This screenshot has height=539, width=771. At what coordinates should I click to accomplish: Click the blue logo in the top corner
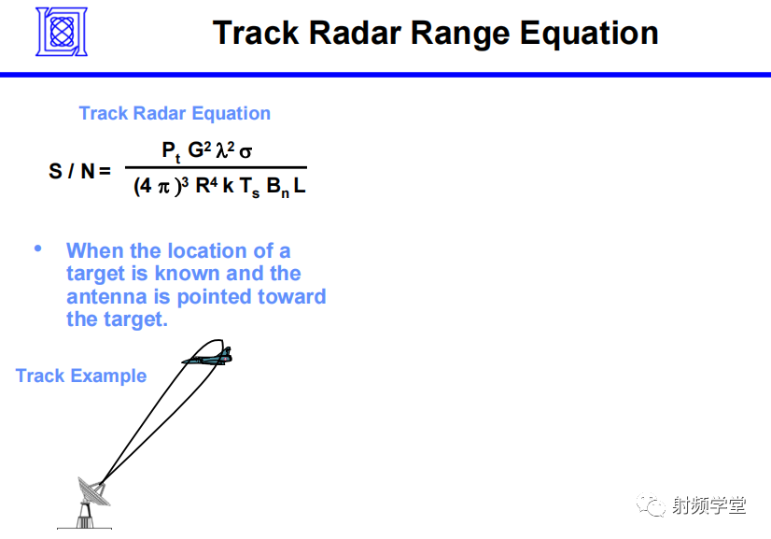tap(62, 32)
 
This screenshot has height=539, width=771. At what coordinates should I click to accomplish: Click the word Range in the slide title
tap(460, 34)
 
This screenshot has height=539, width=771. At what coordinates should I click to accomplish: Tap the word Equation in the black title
tap(589, 34)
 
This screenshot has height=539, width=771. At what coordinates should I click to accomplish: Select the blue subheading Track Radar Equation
tap(175, 113)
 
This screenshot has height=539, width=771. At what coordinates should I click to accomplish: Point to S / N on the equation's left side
tap(72, 171)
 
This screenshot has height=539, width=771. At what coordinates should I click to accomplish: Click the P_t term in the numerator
tap(171, 151)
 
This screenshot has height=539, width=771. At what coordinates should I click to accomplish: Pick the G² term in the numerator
tap(200, 149)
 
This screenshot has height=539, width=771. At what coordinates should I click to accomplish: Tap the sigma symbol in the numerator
tap(245, 152)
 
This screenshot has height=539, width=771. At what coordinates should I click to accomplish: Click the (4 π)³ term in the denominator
tap(161, 186)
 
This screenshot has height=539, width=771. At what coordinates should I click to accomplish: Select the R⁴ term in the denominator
tap(206, 186)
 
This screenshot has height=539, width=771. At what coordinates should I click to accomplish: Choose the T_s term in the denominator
tap(250, 188)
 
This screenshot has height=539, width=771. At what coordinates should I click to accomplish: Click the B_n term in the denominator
tap(278, 188)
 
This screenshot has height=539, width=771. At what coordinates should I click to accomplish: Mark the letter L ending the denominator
tap(300, 186)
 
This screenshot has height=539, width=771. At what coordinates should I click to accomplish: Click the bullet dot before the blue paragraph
tap(38, 248)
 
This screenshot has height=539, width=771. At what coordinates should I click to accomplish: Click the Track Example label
tap(81, 376)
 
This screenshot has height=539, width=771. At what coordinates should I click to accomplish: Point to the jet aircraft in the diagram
tap(207, 357)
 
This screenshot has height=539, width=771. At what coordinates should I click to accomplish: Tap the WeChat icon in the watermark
tap(650, 505)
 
